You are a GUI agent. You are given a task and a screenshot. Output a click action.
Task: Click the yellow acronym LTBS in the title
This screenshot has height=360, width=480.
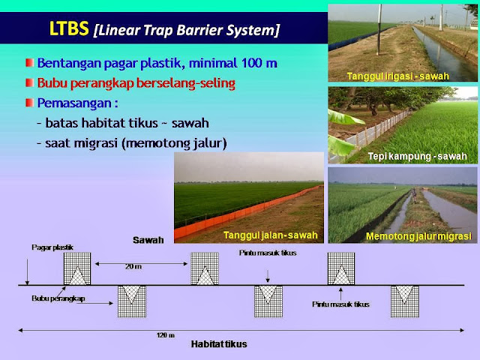pyautogui.click(x=69, y=28)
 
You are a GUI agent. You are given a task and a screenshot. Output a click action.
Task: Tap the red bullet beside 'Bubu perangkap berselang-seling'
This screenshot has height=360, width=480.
pyautogui.click(x=30, y=82)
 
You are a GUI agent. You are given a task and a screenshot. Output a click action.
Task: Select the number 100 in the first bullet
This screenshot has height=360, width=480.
pyautogui.click(x=251, y=63)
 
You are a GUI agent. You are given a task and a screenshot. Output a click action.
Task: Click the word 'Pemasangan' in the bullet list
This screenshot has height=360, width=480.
pyautogui.click(x=74, y=103)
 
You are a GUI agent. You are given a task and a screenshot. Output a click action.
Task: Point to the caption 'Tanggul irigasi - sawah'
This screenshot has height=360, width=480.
pyautogui.click(x=398, y=76)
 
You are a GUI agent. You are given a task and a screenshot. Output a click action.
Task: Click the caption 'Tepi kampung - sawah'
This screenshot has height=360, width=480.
pyautogui.click(x=418, y=157)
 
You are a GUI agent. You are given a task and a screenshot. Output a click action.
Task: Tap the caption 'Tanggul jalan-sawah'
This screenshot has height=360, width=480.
pyautogui.click(x=271, y=235)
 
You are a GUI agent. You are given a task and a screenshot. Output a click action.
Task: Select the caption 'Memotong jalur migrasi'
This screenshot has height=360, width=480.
pyautogui.click(x=418, y=236)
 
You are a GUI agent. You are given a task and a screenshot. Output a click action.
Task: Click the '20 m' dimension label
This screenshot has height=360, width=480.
pyautogui.click(x=133, y=267)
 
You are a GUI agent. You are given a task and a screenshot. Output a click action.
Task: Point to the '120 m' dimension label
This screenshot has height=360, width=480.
pyautogui.click(x=166, y=335)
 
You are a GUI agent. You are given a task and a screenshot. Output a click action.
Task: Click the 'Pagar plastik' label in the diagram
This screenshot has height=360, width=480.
pyautogui.click(x=52, y=247)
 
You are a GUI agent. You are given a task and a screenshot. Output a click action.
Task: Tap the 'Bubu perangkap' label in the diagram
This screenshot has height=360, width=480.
pyautogui.click(x=58, y=298)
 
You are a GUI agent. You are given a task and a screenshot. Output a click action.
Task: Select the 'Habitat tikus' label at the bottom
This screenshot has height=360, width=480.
pyautogui.click(x=219, y=344)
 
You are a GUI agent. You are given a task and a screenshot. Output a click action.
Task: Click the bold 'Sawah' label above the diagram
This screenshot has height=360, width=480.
pyautogui.click(x=148, y=240)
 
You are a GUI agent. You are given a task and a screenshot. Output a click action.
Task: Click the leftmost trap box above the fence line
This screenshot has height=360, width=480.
pyautogui.click(x=77, y=268)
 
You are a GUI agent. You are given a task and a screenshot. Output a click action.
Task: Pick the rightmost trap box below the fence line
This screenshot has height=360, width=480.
pyautogui.click(x=405, y=301)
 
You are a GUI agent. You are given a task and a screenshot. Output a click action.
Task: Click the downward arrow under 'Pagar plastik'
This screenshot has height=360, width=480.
pyautogui.click(x=27, y=271)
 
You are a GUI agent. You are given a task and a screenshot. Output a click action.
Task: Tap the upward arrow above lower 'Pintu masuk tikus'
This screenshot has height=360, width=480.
pyautogui.click(x=340, y=293)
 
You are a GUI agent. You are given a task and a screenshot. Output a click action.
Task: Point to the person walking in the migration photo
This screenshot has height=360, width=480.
pyautogui.click(x=414, y=196)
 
